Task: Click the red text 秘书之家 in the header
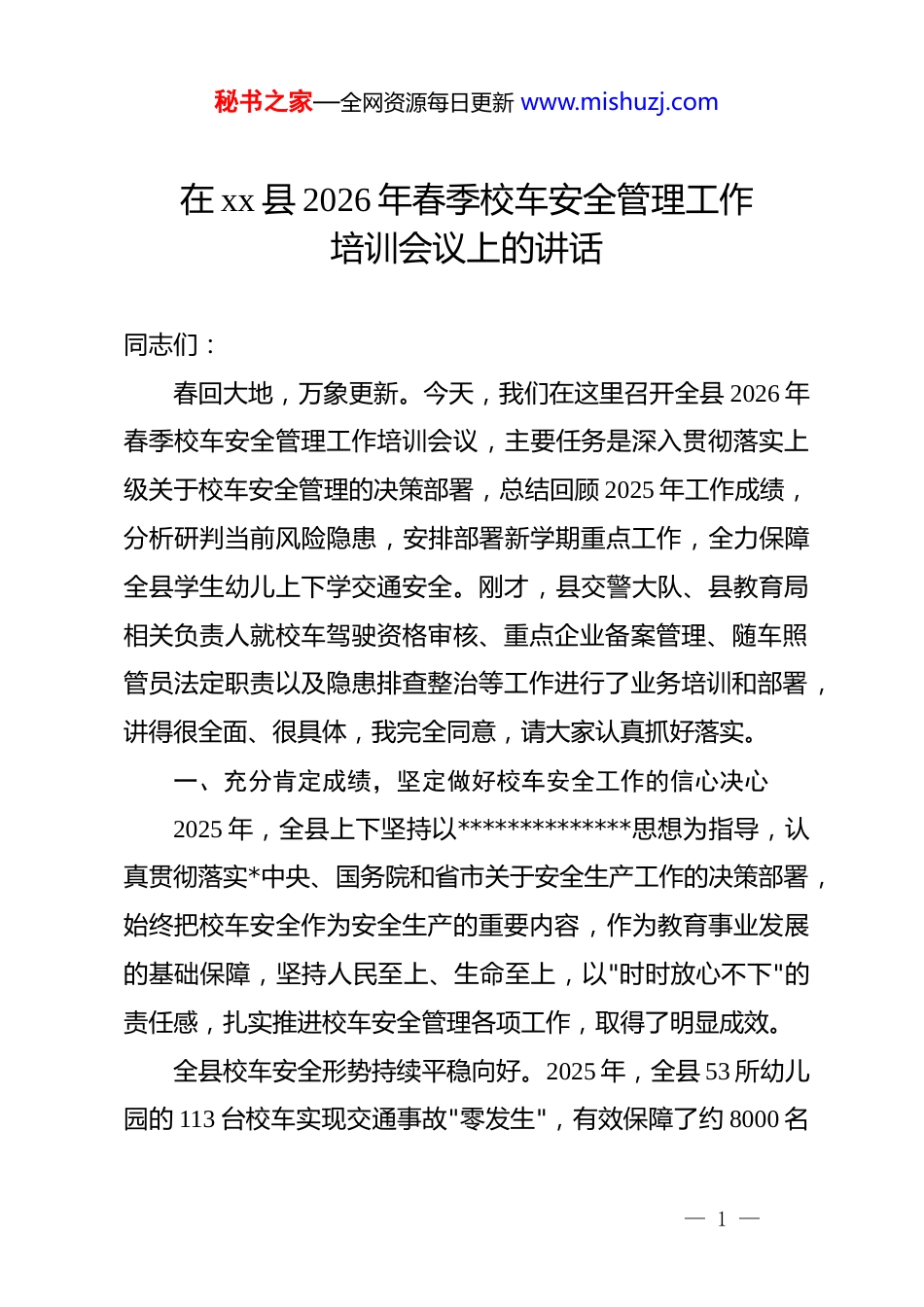(x=264, y=102)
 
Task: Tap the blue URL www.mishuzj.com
(x=620, y=102)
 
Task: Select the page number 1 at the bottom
(x=722, y=1219)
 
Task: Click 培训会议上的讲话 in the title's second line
(x=466, y=249)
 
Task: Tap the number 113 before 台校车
(x=199, y=1119)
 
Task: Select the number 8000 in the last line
(x=755, y=1119)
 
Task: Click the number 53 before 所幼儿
(x=717, y=1071)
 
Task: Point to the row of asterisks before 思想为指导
(x=545, y=829)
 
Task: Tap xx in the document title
(x=238, y=200)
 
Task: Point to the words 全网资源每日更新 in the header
(x=428, y=103)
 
